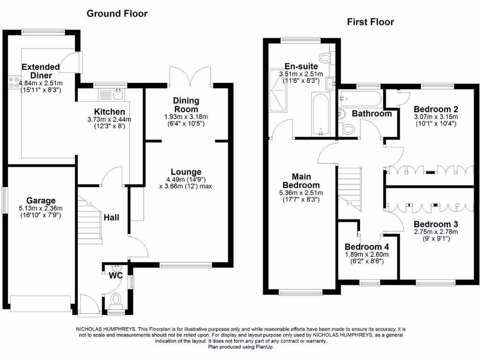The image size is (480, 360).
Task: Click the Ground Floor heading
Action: [117, 14]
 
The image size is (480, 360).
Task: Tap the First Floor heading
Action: [370, 22]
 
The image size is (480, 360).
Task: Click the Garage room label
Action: [41, 201]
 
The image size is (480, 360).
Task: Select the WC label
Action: [116, 276]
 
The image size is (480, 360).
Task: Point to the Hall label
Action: [112, 217]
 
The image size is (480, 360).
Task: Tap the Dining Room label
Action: [186, 105]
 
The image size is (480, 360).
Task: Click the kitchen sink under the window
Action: [111, 93]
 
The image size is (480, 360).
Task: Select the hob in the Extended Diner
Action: [13, 82]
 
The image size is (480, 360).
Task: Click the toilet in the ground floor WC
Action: [115, 299]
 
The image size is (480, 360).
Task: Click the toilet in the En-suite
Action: [324, 57]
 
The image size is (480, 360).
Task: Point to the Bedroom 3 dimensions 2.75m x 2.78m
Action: [436, 232]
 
